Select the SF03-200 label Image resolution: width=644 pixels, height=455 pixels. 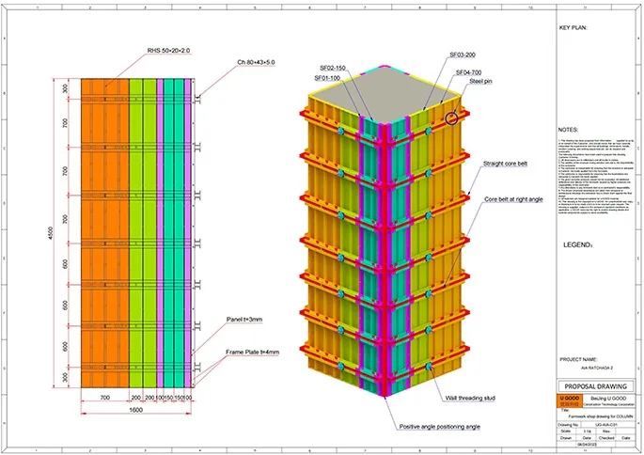[x=463, y=55]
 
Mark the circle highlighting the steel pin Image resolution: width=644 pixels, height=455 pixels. [x=454, y=118]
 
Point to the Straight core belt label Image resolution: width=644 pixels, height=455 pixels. [x=509, y=164]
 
